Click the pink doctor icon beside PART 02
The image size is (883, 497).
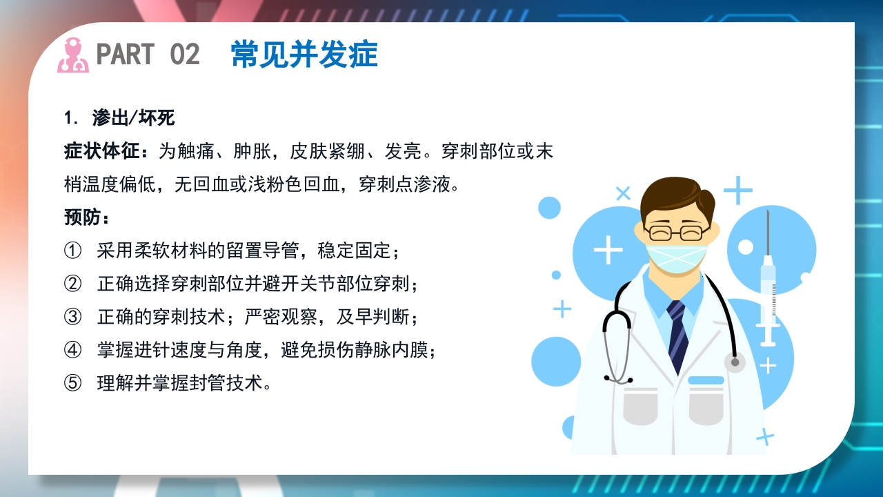(x=72, y=55)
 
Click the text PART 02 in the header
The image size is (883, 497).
(x=148, y=55)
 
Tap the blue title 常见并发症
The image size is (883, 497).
(x=304, y=55)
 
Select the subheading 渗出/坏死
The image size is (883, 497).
(x=133, y=118)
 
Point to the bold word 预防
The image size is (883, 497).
(x=86, y=217)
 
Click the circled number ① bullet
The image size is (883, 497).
(x=72, y=251)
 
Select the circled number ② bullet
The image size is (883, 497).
(x=72, y=284)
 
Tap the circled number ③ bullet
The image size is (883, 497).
(x=72, y=317)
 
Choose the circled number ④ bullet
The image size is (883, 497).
(x=72, y=350)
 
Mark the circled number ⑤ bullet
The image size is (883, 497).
(x=72, y=383)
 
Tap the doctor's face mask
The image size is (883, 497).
(x=676, y=258)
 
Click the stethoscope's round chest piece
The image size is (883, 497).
(x=735, y=362)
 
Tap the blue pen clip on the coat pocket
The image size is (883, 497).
(x=706, y=380)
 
